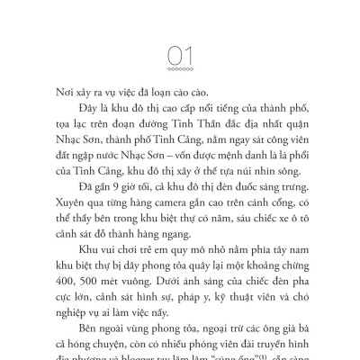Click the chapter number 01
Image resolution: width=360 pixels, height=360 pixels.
coord(180,57)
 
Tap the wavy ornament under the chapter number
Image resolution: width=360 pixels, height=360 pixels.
coord(180,69)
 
